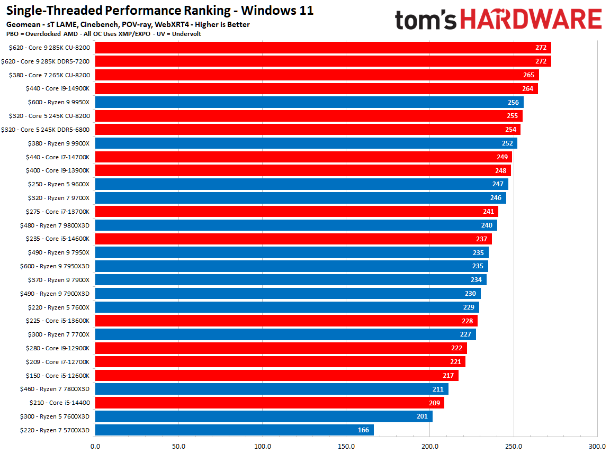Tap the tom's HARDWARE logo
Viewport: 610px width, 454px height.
coord(498,20)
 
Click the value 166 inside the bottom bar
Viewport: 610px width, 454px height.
coord(363,430)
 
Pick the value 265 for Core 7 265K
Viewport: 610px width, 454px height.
coord(528,75)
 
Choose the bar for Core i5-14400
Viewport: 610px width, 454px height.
coord(270,403)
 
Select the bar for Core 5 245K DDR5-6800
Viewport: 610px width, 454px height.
coord(308,130)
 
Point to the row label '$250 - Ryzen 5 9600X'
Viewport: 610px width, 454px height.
coord(58,184)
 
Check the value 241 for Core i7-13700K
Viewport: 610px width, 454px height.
coord(488,212)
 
